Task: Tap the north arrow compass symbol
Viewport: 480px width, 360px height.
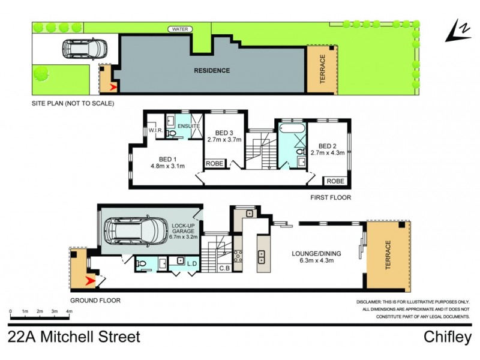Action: pyautogui.click(x=458, y=31)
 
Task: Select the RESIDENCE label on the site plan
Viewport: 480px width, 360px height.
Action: pyautogui.click(x=212, y=71)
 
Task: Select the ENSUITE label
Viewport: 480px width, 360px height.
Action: pyautogui.click(x=188, y=127)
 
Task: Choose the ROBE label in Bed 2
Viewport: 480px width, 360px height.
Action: pyautogui.click(x=335, y=181)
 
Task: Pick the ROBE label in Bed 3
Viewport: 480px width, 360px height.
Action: pyautogui.click(x=214, y=163)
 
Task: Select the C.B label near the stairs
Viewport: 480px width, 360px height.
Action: pyautogui.click(x=225, y=268)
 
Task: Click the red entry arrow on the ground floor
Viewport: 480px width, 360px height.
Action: pyautogui.click(x=91, y=280)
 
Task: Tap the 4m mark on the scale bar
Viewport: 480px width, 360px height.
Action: pyautogui.click(x=69, y=312)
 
